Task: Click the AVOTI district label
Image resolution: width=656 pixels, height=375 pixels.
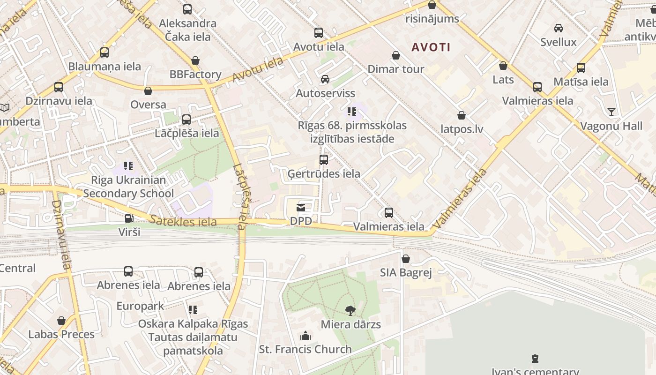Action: [x=431, y=47]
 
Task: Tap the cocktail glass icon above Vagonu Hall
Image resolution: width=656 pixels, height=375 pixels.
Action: [x=611, y=112]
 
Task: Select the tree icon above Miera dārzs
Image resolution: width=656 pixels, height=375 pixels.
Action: [x=350, y=310]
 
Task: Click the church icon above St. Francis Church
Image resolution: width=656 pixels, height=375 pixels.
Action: [x=306, y=336]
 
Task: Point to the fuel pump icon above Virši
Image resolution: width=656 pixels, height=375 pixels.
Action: [x=129, y=218]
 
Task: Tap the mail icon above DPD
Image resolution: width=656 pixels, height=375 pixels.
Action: [x=301, y=207]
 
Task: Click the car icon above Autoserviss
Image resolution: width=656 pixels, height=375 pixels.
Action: [x=325, y=79]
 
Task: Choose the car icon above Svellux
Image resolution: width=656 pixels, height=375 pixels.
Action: [x=559, y=28]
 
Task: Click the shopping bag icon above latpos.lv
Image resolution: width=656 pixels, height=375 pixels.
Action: [x=462, y=115]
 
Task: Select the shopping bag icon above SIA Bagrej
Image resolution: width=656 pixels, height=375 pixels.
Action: [x=406, y=259]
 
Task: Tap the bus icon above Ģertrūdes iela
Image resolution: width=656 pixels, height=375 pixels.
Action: [x=323, y=160]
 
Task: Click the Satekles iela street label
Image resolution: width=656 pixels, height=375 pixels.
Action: [x=183, y=221]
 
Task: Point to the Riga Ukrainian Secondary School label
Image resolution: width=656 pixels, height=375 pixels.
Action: [x=128, y=187]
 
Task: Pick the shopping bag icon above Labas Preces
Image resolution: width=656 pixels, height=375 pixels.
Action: [x=61, y=321]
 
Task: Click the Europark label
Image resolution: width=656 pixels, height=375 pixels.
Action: [x=140, y=306]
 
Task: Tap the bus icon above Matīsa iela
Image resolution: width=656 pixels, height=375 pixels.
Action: [x=581, y=68]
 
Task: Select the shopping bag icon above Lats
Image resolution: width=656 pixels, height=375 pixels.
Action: [x=503, y=66]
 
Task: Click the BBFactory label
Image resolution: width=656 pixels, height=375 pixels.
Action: [x=195, y=75]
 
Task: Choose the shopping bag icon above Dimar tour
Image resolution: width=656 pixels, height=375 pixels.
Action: [x=396, y=55]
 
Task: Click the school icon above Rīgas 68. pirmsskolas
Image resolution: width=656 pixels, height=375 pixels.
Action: [x=352, y=112]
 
